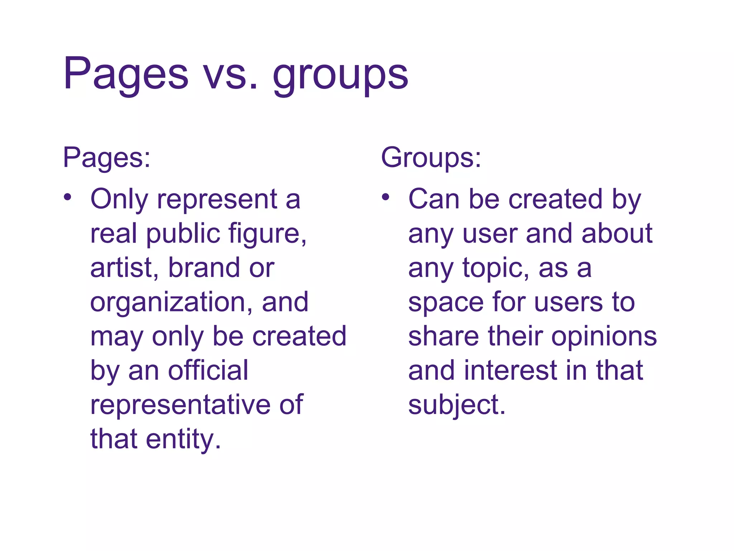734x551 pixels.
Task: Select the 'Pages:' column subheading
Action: (107, 158)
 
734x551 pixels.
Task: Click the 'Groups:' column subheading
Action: (431, 158)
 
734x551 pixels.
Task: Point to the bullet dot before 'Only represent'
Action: (68, 197)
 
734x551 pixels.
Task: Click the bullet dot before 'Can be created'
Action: (385, 197)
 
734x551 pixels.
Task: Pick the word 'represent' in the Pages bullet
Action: (217, 199)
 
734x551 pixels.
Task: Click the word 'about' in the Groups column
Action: (617, 234)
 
